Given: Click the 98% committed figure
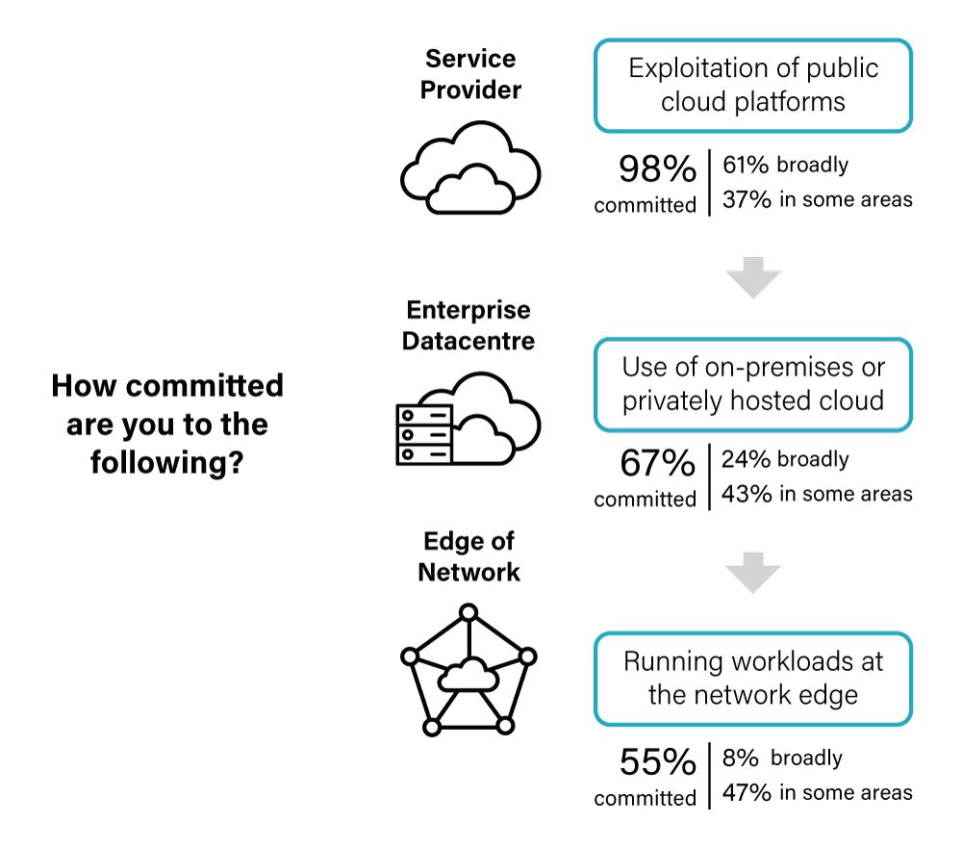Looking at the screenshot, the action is click(657, 168).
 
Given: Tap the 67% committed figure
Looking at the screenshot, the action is click(657, 463).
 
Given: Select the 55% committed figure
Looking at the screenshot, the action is click(657, 761).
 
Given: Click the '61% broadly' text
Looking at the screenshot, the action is click(785, 165).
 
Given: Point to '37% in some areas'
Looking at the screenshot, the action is click(817, 199).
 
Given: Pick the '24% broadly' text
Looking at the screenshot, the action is click(785, 459).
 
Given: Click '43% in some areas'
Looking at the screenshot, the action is click(817, 494).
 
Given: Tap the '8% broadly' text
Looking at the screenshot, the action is click(782, 759).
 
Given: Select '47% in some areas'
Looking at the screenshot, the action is click(817, 792).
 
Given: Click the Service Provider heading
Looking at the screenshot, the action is click(470, 74).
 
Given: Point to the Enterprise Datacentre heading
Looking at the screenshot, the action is click(468, 325).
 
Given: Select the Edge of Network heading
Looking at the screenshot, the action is click(469, 556).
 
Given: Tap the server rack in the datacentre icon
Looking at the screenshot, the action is click(424, 435).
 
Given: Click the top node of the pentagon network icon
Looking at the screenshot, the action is click(468, 612).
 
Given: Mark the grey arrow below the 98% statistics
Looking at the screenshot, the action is click(753, 277).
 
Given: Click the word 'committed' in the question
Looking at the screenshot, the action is click(204, 386).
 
